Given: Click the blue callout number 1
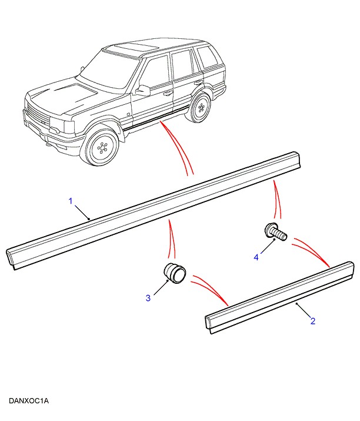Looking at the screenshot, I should [x=71, y=201].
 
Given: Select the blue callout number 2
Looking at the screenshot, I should [x=313, y=321].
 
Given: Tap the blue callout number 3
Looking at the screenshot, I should [x=148, y=299].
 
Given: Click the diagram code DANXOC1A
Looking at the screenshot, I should [x=29, y=402].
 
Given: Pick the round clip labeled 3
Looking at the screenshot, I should [x=174, y=273].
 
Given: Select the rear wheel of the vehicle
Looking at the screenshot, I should [x=201, y=107].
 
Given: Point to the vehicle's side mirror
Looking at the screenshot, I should [x=142, y=90].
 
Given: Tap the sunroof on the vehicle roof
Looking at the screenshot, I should [x=134, y=46].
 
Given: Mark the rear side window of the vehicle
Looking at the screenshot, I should [x=207, y=57].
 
